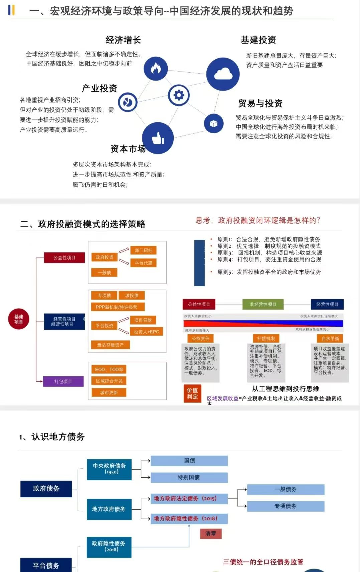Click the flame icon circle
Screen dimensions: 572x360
tap(155, 68)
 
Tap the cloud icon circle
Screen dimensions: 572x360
tap(223, 74)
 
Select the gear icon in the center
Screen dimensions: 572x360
tap(179, 95)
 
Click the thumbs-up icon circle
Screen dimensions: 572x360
tap(158, 138)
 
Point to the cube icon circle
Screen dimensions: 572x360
tap(214, 123)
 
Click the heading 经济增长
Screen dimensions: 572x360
tap(123, 40)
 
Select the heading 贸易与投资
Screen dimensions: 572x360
tap(260, 103)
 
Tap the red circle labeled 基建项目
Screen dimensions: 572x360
tap(19, 319)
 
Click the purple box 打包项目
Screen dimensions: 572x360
tap(63, 381)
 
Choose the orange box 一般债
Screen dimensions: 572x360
tap(105, 272)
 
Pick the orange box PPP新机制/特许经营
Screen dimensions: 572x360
tap(116, 307)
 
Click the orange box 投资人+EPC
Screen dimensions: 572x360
tap(146, 332)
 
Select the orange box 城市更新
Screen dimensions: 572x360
tap(109, 392)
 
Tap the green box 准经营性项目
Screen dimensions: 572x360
tap(263, 304)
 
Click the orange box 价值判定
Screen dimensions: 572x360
tap(192, 393)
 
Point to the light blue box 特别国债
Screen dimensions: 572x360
tap(189, 477)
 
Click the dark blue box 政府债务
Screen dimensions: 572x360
tap(46, 489)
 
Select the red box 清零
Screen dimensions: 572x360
tap(211, 533)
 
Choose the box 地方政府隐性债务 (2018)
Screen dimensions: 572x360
tap(189, 518)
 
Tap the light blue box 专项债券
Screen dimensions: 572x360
tap(286, 506)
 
